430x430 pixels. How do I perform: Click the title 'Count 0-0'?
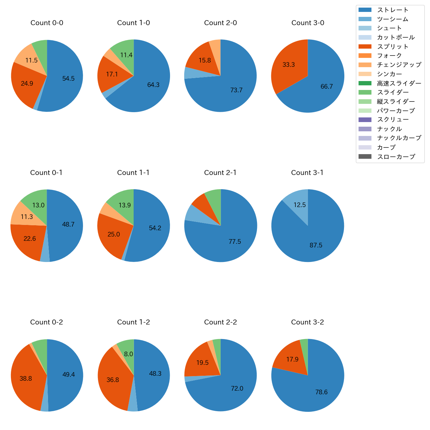47,23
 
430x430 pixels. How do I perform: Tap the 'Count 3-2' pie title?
307,322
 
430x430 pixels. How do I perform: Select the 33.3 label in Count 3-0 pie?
288,65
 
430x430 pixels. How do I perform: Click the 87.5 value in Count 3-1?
316,245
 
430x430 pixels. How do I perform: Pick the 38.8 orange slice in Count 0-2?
26,378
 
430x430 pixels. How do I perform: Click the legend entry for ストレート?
393,10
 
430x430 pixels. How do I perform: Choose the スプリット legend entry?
393,47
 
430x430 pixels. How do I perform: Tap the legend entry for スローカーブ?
396,157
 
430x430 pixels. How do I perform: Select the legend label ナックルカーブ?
399,138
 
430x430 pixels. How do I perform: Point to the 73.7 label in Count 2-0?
236,90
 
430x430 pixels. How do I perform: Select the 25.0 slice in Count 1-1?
113,234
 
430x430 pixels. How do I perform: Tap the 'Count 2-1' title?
220,173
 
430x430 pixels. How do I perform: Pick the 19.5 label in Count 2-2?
202,363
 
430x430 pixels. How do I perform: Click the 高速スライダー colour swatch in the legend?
365,83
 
